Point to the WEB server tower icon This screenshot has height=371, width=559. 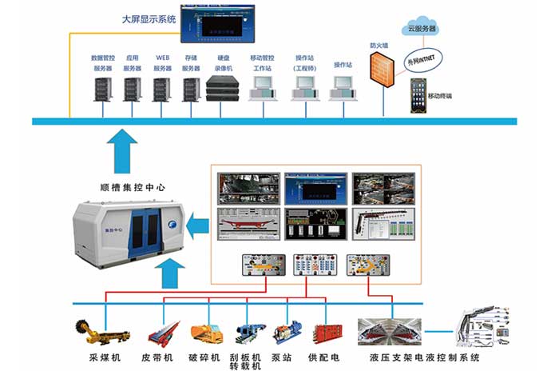click(x=162, y=88)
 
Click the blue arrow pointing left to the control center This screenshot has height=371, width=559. click(x=194, y=229)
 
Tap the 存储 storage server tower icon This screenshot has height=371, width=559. click(x=190, y=88)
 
